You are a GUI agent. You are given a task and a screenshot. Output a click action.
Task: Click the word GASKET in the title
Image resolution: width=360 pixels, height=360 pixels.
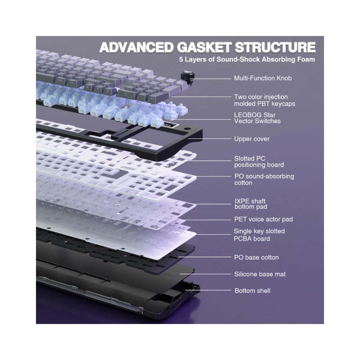(204, 47)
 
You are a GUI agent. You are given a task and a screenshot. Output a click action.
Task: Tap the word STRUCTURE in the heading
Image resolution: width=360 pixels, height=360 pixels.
(275, 47)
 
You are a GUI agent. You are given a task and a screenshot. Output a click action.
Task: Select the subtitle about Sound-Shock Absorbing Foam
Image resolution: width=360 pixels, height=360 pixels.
(247, 59)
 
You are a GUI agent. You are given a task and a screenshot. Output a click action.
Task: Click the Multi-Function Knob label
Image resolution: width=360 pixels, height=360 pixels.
(263, 78)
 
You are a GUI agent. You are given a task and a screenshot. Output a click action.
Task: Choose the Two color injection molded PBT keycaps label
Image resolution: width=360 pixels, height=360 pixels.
(264, 100)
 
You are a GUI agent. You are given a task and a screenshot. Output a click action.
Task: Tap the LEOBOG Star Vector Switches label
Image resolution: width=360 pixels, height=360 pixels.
(257, 118)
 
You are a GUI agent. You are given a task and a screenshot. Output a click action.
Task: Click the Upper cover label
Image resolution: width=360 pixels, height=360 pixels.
(252, 139)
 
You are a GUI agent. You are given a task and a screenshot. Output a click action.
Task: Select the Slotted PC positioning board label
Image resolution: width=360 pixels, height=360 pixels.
(259, 162)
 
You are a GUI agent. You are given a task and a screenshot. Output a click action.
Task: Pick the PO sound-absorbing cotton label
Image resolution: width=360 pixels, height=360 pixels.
(264, 180)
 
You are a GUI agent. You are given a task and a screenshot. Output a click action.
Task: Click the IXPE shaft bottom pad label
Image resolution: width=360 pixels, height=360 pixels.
(251, 204)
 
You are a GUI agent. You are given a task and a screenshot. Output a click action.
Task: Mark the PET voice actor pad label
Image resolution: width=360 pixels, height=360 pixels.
(263, 219)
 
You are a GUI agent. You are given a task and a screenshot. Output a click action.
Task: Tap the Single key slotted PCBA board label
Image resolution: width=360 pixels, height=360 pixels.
(259, 235)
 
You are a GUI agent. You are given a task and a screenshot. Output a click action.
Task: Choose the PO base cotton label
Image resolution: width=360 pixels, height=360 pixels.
(256, 258)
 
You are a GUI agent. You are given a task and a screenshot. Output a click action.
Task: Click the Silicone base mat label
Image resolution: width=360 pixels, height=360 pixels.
(260, 274)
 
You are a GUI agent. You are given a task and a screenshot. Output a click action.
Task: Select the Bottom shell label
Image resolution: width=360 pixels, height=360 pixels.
(252, 291)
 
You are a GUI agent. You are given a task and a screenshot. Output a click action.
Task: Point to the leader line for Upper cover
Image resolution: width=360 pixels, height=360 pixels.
(209, 138)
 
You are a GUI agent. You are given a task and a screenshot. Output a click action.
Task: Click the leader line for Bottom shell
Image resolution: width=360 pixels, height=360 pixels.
(208, 291)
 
